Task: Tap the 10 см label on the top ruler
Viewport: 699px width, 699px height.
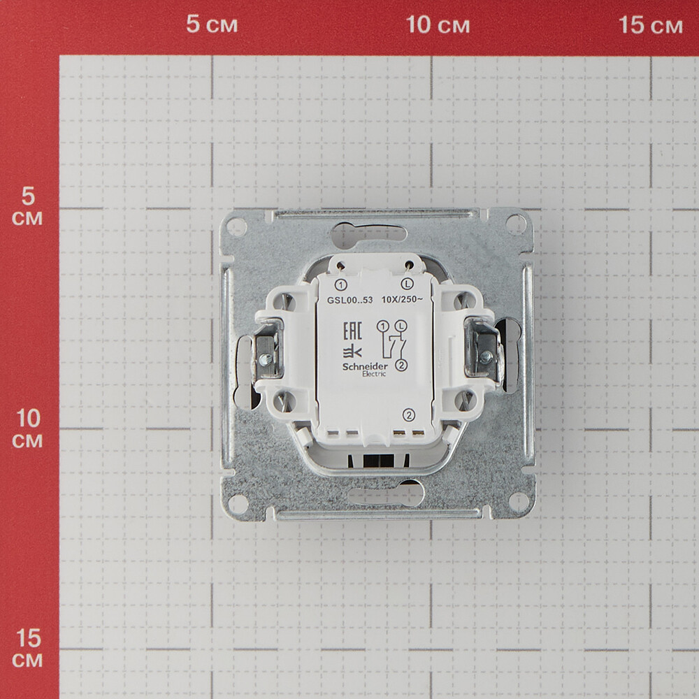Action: coord(438,24)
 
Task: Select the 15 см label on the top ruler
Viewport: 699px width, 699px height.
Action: coord(650,25)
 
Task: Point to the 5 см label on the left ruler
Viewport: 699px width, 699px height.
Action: coord(28,207)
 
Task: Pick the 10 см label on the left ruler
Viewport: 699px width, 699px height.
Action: coord(28,428)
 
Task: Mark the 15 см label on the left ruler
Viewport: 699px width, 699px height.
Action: coord(28,649)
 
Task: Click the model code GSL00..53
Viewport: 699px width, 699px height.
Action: coord(350,300)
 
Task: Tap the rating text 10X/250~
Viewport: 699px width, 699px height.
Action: coord(402,299)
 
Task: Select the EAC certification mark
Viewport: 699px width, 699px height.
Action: coord(352,331)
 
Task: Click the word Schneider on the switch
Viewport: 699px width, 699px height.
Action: coord(365,366)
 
